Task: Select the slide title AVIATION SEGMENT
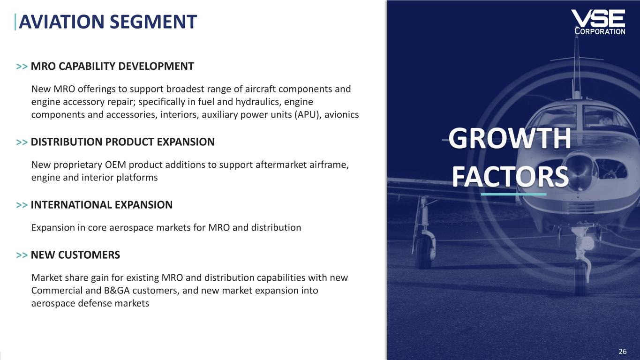[x=108, y=22]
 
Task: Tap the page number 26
[x=623, y=352]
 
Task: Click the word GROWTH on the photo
[x=510, y=139]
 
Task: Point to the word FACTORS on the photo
[x=510, y=177]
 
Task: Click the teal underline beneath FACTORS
[x=514, y=194]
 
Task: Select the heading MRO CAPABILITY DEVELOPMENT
[x=112, y=66]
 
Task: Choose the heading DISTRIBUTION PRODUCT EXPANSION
[x=122, y=142]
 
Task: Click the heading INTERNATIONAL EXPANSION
[x=101, y=205]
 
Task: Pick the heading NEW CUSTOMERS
[x=75, y=255]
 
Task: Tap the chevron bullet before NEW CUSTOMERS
[x=22, y=255]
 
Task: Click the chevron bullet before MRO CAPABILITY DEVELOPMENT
[x=22, y=67]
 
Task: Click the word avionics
[x=341, y=114]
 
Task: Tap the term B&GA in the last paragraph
[x=117, y=291]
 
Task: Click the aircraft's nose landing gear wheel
[x=580, y=277]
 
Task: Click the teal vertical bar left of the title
[x=15, y=22]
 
